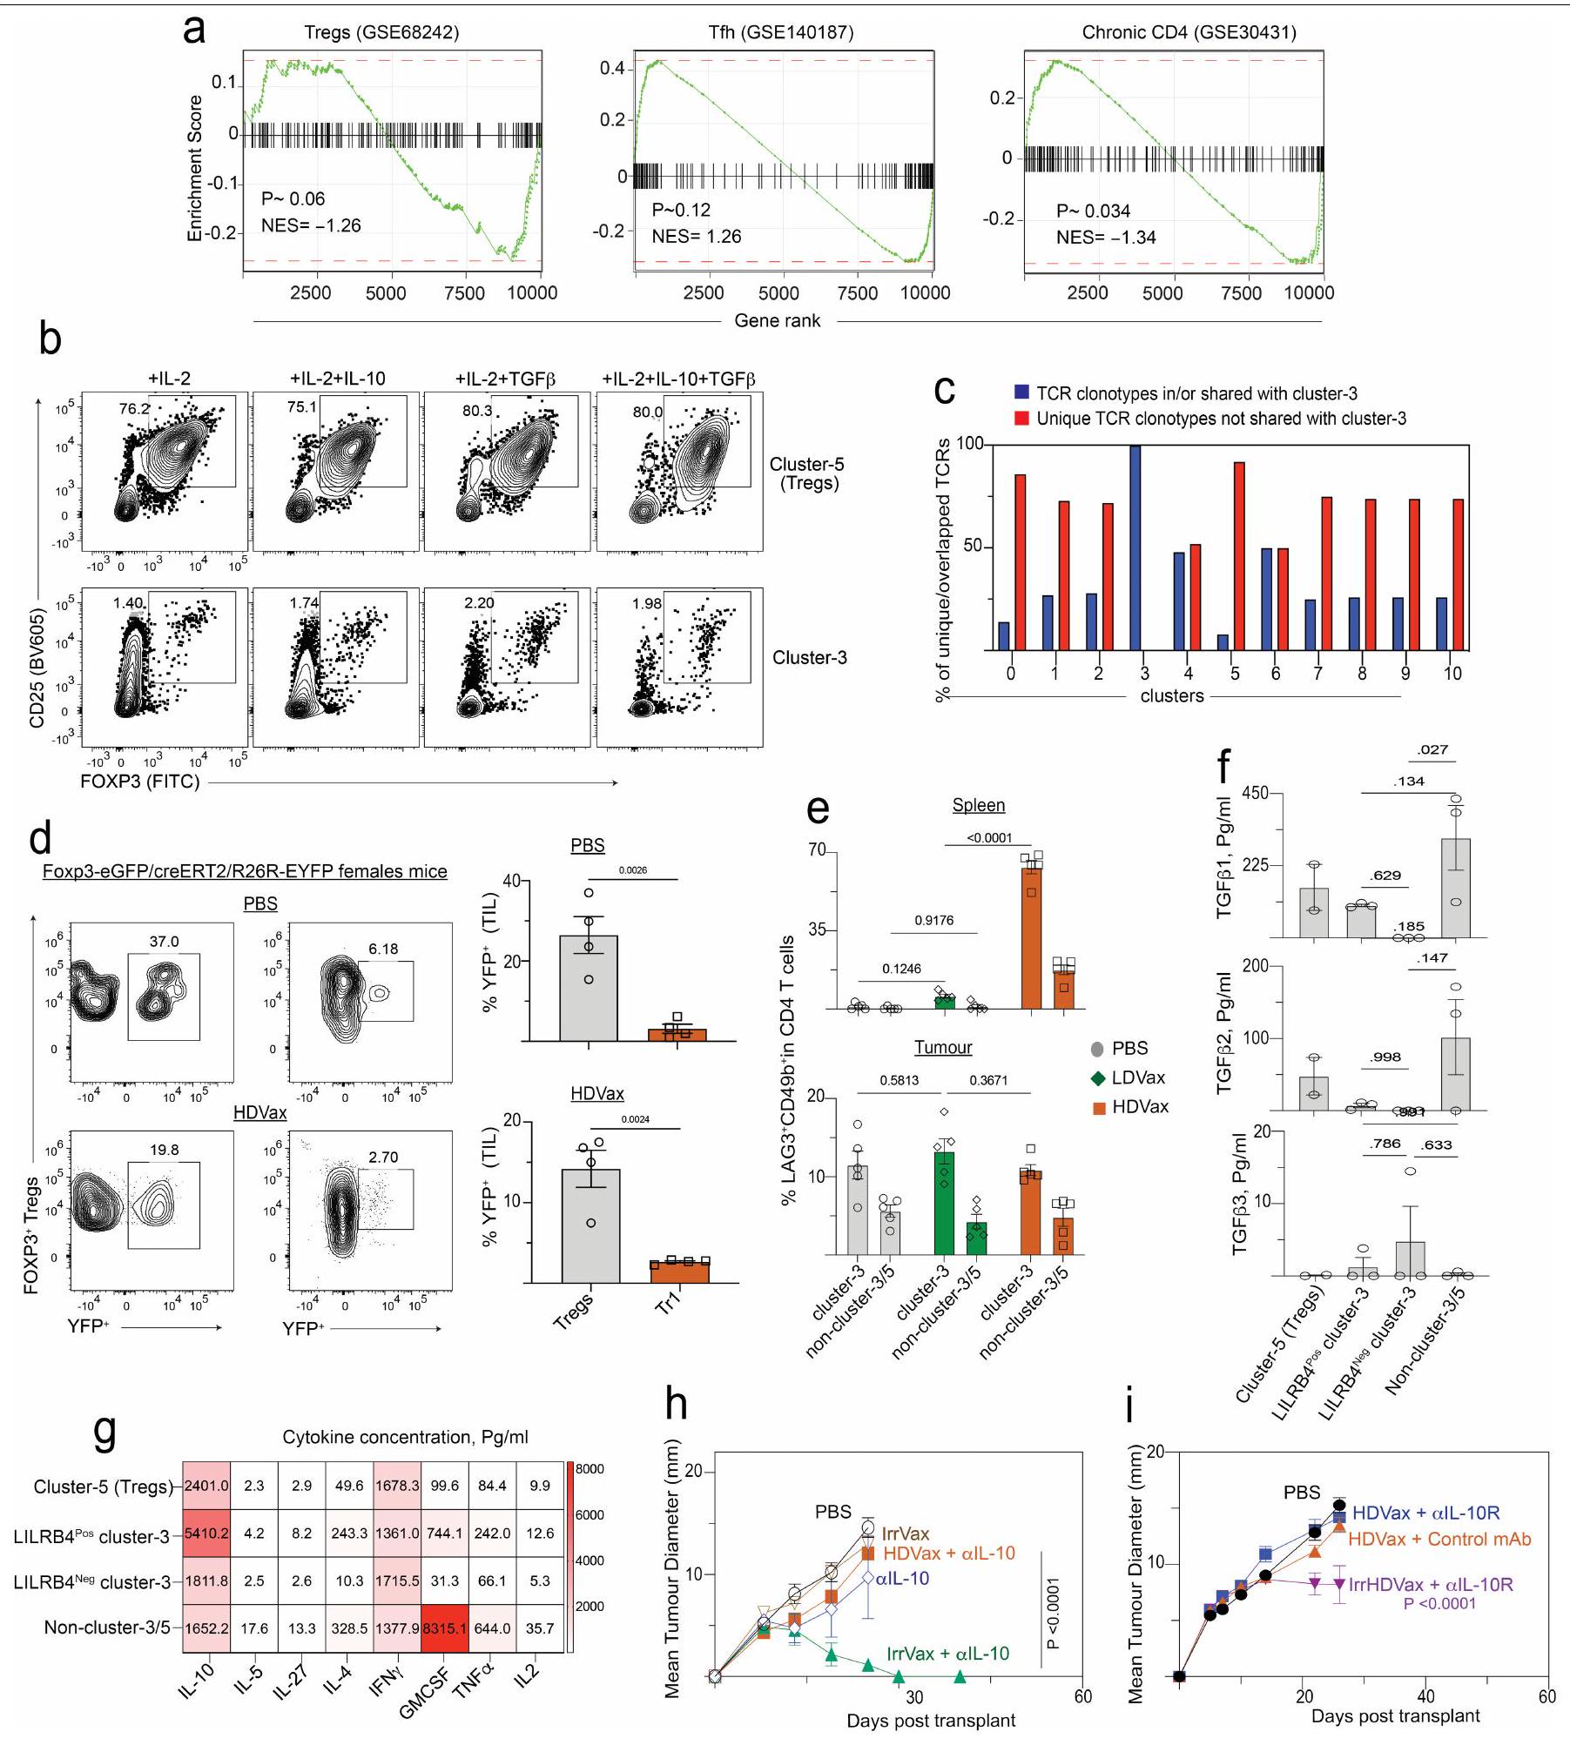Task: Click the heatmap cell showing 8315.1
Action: point(444,1628)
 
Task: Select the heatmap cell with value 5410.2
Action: point(206,1533)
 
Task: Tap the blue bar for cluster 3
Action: point(1135,547)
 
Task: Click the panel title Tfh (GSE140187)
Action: point(780,33)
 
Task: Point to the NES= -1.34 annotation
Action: point(1106,238)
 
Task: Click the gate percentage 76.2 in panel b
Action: point(134,408)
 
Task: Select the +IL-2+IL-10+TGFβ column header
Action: point(678,379)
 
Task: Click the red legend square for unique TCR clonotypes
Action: point(1022,419)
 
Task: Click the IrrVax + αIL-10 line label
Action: point(947,1654)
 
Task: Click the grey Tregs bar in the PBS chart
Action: point(589,989)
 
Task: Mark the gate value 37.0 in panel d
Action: point(164,942)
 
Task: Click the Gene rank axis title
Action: point(777,320)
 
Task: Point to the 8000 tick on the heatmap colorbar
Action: point(590,1469)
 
